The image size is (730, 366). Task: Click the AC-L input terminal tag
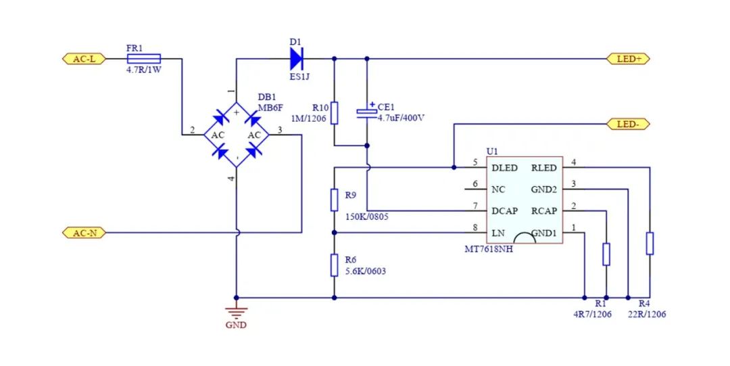coord(84,59)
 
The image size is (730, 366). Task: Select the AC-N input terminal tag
coord(84,233)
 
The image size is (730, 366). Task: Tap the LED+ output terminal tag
coord(629,59)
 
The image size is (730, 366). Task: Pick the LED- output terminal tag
coord(629,124)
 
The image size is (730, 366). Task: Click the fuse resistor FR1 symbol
coord(143,59)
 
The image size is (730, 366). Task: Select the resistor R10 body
coord(334,112)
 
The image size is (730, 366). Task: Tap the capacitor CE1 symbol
coord(367,112)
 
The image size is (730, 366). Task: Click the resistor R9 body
coord(334,200)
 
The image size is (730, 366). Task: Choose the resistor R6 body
coord(334,265)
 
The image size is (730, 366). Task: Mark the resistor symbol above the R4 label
coord(650,243)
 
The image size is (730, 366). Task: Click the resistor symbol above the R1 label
coord(606,254)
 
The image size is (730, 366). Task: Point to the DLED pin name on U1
coord(505,168)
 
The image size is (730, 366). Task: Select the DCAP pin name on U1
coord(505,211)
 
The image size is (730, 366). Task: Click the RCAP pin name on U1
coord(544,211)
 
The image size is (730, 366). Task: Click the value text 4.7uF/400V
coord(401,118)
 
